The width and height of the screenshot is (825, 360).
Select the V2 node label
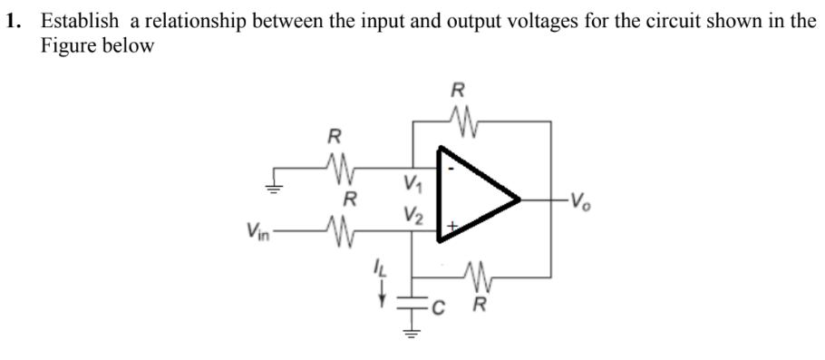click(x=412, y=218)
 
